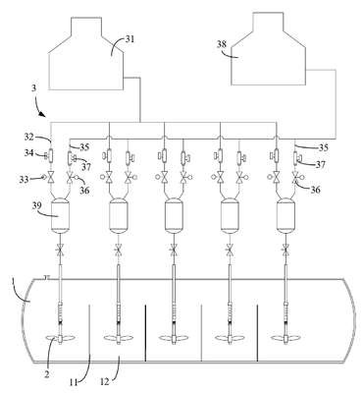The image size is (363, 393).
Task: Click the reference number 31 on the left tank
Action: [130, 39]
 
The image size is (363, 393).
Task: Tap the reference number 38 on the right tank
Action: [222, 44]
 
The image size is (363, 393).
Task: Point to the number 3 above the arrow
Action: [33, 88]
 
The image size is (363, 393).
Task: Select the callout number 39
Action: [37, 205]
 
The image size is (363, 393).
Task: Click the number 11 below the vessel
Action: [74, 381]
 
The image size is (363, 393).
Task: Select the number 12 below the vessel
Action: [106, 380]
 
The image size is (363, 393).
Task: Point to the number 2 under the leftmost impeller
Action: [47, 373]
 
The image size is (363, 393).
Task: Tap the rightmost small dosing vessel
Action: [285, 216]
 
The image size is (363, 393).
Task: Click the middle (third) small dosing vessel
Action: [174, 216]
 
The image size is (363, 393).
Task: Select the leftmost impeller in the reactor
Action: [61, 339]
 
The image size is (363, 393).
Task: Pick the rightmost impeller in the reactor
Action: [285, 339]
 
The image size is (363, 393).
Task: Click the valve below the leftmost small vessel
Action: [61, 252]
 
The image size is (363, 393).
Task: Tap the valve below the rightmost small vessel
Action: [286, 252]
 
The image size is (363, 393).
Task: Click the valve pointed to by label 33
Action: [51, 179]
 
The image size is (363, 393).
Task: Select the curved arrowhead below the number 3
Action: [42, 114]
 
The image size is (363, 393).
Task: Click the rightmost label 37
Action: [320, 164]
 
